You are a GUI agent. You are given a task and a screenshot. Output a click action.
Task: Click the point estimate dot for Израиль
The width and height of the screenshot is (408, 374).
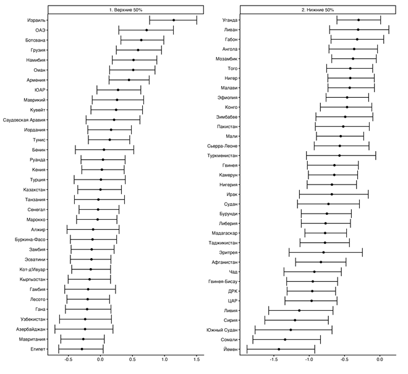(174, 20)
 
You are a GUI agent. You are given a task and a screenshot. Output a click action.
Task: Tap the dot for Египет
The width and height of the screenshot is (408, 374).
(82, 349)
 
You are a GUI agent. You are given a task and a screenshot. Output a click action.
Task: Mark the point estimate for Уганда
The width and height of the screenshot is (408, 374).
(359, 20)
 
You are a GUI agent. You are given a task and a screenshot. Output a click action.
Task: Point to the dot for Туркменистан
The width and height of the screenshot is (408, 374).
(339, 155)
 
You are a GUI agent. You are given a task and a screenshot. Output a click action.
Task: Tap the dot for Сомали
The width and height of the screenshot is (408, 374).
(285, 339)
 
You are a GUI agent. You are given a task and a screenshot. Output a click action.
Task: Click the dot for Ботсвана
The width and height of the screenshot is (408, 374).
(141, 40)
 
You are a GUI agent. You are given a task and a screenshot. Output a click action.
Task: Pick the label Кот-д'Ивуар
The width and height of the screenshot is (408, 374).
(30, 269)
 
